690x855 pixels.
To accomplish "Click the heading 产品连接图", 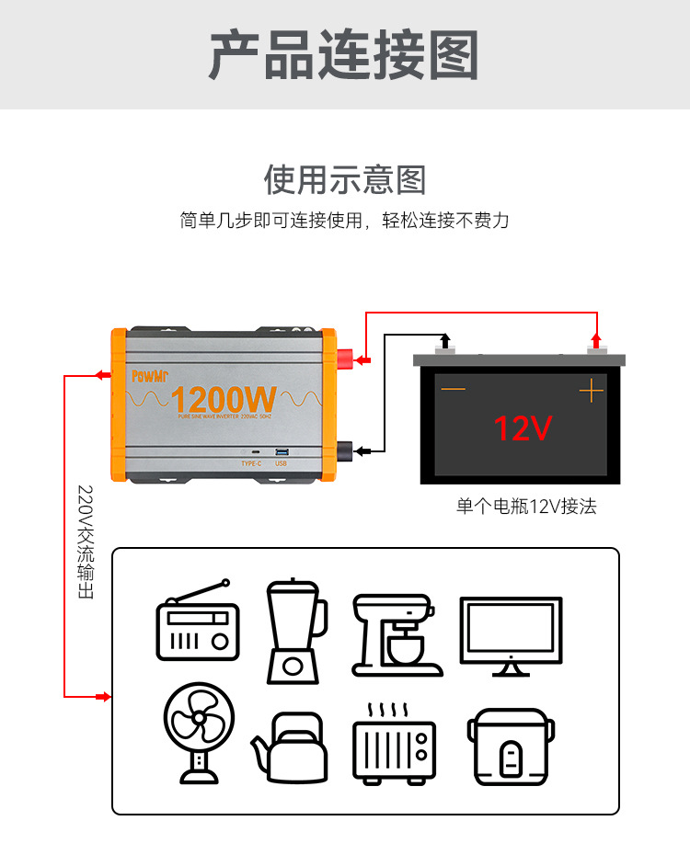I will tap(344, 55).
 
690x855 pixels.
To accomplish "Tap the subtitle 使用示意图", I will tap(345, 178).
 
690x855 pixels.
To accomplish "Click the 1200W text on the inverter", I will tap(224, 400).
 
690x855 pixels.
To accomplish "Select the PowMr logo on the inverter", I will tap(149, 376).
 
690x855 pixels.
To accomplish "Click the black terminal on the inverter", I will tap(347, 450).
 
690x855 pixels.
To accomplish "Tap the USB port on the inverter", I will tap(282, 452).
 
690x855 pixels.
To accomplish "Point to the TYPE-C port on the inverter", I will tap(252, 453).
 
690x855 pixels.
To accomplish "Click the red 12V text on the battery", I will tap(522, 428).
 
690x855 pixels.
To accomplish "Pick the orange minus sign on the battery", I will tap(454, 391).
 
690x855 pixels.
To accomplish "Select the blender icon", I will tap(294, 631).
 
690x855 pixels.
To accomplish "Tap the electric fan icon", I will tap(199, 732).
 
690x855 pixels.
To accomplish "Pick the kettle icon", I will tap(290, 747).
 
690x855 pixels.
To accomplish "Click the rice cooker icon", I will tap(510, 746).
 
